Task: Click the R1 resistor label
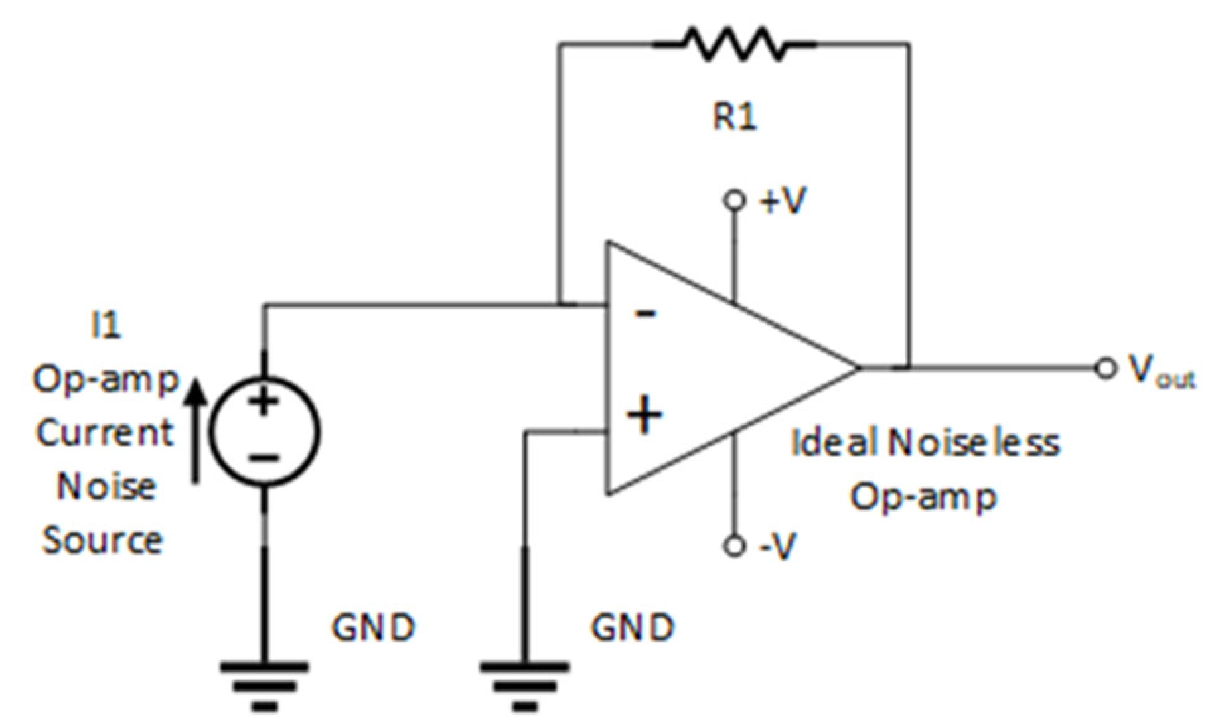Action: point(735,117)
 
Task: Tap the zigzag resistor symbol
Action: point(735,45)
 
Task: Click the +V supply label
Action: point(783,200)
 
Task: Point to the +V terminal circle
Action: point(735,200)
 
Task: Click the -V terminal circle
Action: point(735,547)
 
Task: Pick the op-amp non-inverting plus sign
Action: point(644,416)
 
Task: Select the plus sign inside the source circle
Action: point(264,402)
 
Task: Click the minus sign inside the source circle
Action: point(265,459)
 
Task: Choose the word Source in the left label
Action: point(102,540)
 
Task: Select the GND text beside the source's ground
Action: point(374,628)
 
